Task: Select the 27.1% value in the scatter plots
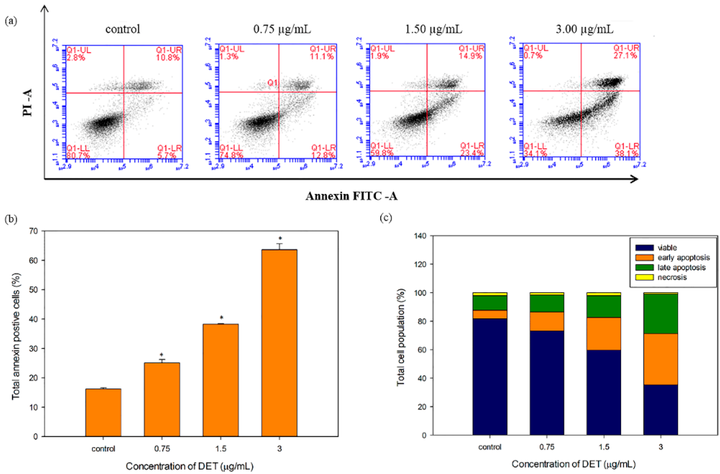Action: (625, 55)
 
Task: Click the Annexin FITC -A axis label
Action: (351, 196)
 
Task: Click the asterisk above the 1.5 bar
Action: (221, 318)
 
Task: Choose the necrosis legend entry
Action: (671, 277)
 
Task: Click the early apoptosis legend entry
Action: (683, 257)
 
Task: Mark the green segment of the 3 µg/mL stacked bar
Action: (660, 313)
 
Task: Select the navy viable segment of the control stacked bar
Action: (490, 377)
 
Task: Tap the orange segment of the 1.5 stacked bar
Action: (603, 334)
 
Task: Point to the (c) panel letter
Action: (386, 218)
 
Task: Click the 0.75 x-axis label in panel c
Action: (547, 447)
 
